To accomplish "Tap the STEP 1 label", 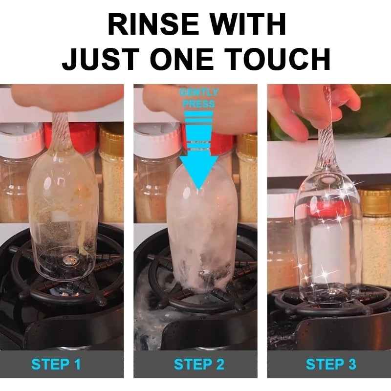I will (56, 364).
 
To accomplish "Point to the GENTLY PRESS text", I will (199, 98).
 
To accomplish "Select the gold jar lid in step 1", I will (111, 133).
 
